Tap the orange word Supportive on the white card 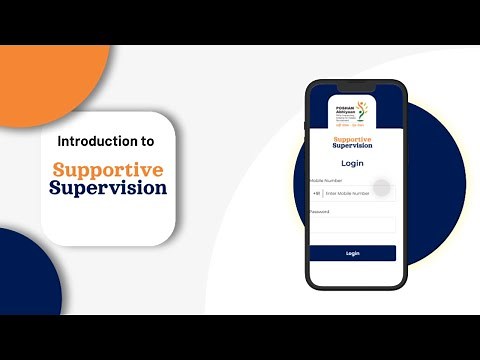[x=110, y=169]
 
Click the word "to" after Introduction [x=148, y=141]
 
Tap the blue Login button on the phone [x=353, y=253]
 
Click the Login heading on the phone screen [x=353, y=163]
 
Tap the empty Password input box [x=353, y=226]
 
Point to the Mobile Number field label [x=326, y=180]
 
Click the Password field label [x=320, y=212]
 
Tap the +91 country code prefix [x=316, y=192]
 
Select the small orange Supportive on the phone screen [x=353, y=139]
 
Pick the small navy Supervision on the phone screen [x=353, y=146]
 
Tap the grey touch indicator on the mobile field [x=380, y=190]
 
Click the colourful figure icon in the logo [x=363, y=110]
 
